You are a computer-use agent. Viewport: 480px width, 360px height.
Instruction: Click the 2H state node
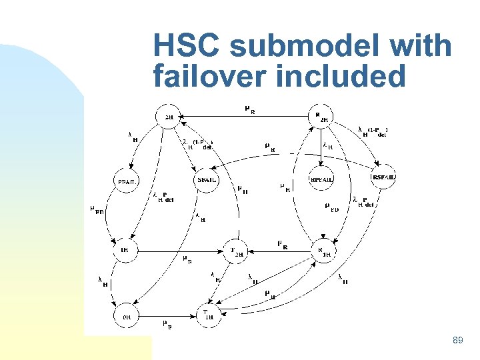pos(169,117)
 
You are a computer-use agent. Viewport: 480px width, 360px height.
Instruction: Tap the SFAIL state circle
pos(206,180)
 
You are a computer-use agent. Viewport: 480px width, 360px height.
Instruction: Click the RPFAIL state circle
pos(322,180)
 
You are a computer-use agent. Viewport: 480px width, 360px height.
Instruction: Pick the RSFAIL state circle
pos(383,177)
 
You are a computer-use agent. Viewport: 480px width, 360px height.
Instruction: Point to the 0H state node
pos(126,318)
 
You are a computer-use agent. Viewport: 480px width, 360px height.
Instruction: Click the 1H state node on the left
pos(125,250)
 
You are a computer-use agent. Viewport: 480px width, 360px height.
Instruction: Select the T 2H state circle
pos(237,251)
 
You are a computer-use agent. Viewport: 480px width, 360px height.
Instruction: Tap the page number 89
pos(457,341)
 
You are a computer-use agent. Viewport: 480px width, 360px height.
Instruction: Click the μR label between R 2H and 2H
pos(248,109)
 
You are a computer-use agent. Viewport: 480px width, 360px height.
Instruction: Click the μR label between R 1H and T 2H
pos(282,244)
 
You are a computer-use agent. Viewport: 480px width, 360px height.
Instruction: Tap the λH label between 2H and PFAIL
pos(133,137)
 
